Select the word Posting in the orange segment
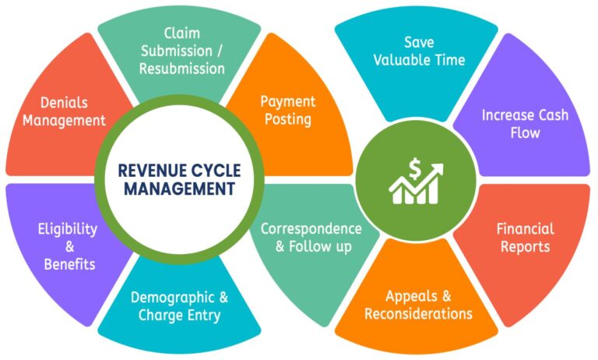[287, 119]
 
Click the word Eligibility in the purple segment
[68, 229]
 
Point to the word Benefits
[69, 264]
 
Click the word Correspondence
[311, 229]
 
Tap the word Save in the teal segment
[418, 41]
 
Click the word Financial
[526, 229]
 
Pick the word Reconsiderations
[418, 314]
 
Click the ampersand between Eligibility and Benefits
[69, 247]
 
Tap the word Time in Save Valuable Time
[450, 59]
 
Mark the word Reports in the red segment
[526, 247]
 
